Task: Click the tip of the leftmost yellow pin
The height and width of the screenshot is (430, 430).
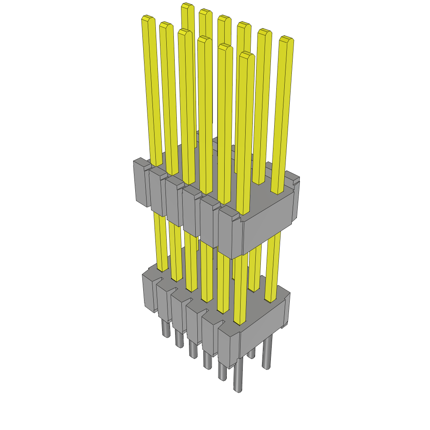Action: (x=147, y=18)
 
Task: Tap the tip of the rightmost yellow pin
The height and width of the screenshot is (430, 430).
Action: (x=286, y=40)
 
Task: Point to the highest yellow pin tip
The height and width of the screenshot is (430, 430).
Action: (x=187, y=6)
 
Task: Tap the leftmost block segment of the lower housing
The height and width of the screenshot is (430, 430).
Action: (x=149, y=292)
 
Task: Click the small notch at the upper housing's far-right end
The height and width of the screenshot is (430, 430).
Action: (x=296, y=181)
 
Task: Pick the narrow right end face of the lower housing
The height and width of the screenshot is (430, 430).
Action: (x=287, y=311)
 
